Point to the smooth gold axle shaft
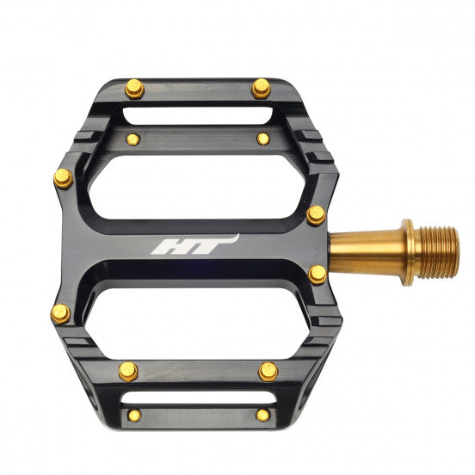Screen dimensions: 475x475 click(x=366, y=251)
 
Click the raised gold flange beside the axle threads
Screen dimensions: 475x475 click(x=408, y=252)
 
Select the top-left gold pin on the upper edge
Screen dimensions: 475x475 click(x=133, y=89)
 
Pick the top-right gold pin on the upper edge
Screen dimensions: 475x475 click(x=261, y=88)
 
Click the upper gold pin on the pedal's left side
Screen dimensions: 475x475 click(x=63, y=178)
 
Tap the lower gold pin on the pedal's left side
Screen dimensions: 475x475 click(x=61, y=314)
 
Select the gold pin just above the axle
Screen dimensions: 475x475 click(x=316, y=215)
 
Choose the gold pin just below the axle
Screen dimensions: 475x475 click(x=318, y=275)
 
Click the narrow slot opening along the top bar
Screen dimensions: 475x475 click(x=198, y=115)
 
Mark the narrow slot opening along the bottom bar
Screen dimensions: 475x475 click(x=198, y=398)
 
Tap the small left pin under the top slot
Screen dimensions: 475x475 click(x=132, y=139)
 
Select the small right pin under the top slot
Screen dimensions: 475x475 click(x=262, y=139)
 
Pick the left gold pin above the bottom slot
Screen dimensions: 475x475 click(x=127, y=371)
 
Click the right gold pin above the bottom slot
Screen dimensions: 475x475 click(x=268, y=372)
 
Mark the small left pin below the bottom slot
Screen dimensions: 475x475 click(x=133, y=416)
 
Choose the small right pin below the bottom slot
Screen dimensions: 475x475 click(x=262, y=416)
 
